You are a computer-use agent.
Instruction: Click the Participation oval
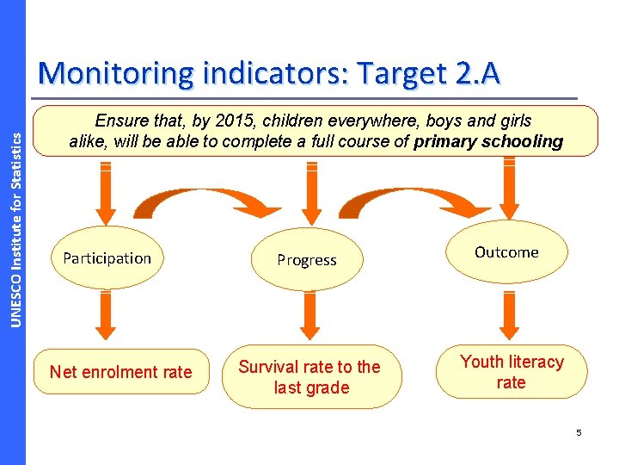tap(107, 257)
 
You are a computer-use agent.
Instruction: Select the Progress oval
tap(307, 260)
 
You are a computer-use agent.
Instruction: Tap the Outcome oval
tap(506, 252)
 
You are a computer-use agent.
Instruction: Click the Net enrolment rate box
tap(120, 372)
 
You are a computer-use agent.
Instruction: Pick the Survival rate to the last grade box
tap(309, 377)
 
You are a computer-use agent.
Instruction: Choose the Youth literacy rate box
tap(512, 372)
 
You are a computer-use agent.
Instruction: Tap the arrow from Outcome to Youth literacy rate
tap(510, 316)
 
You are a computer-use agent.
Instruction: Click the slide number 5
tap(579, 433)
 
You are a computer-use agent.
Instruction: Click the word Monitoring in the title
tap(116, 74)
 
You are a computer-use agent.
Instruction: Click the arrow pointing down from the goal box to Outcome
tap(510, 191)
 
